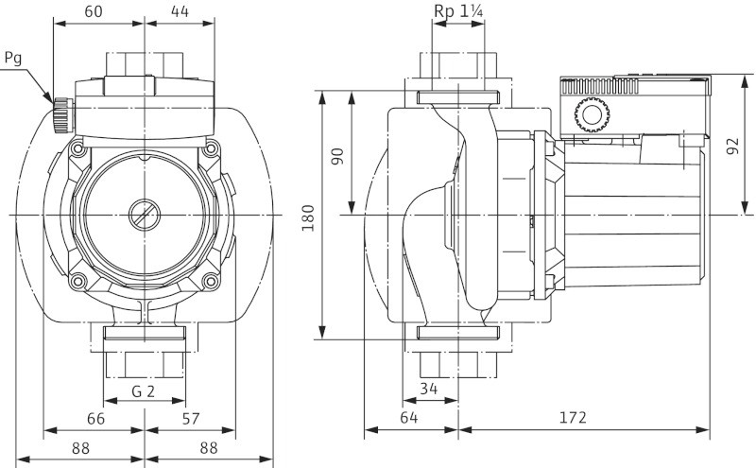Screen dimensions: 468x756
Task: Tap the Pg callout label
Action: click(x=12, y=58)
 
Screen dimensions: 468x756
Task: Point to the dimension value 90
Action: click(x=338, y=154)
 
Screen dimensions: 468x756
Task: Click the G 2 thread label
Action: click(x=144, y=390)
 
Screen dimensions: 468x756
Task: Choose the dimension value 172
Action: click(x=571, y=417)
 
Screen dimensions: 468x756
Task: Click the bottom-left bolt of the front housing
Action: click(x=78, y=280)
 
